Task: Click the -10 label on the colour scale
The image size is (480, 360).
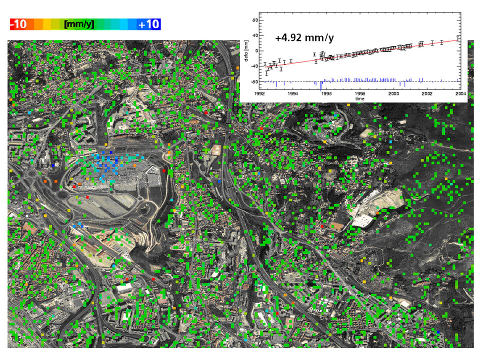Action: (x=19, y=24)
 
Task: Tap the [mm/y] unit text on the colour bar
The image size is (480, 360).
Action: (x=78, y=24)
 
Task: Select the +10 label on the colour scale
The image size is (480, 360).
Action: (x=148, y=24)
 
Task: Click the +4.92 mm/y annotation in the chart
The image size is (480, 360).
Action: (x=304, y=37)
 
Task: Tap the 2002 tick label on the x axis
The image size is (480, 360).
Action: (x=427, y=93)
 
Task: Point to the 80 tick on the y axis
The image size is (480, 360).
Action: (x=254, y=20)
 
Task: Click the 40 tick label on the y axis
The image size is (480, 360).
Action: (x=254, y=35)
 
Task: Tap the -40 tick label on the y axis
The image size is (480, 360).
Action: (x=253, y=66)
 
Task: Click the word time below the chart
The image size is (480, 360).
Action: (x=360, y=98)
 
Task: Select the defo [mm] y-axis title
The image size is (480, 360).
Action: (x=246, y=50)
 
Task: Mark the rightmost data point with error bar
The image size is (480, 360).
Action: (x=458, y=38)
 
